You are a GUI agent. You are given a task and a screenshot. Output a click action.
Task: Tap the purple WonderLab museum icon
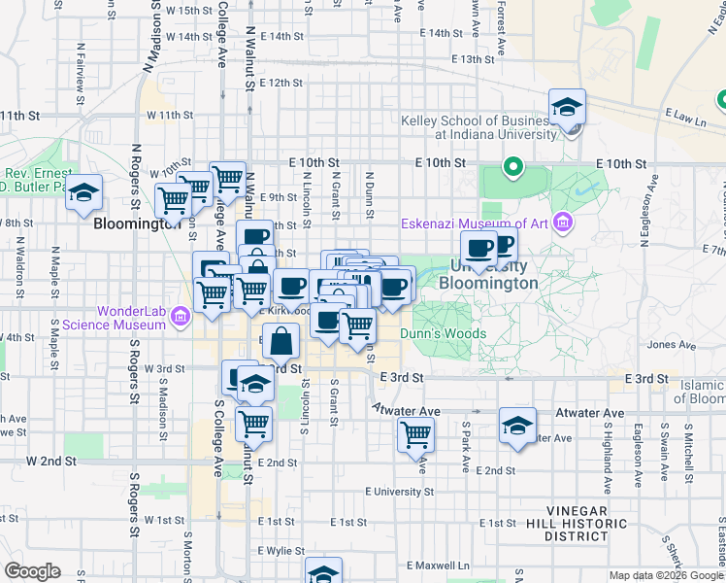[180, 316]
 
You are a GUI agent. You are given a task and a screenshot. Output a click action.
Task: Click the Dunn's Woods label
[448, 333]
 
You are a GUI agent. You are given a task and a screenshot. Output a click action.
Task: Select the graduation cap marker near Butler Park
[84, 193]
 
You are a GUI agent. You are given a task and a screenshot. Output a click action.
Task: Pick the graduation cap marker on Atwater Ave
[517, 425]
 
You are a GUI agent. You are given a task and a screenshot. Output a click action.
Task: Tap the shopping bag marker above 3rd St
[280, 341]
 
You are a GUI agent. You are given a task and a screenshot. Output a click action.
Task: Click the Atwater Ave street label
[407, 411]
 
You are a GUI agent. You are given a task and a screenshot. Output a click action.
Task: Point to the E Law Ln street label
[685, 118]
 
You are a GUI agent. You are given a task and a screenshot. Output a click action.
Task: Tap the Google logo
[33, 571]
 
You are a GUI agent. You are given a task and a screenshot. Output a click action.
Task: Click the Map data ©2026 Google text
[666, 575]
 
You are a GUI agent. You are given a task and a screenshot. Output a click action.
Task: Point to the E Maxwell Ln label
[439, 565]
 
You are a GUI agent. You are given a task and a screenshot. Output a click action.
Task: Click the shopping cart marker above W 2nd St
[253, 424]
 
